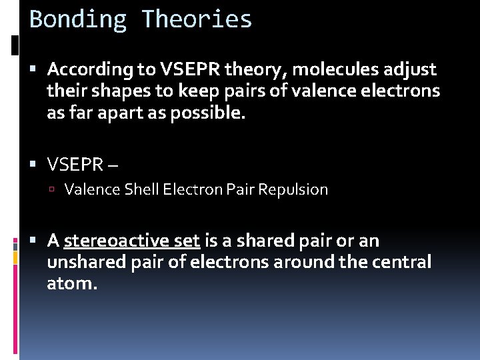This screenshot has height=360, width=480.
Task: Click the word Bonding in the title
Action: click(x=78, y=19)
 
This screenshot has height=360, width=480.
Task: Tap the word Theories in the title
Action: click(x=197, y=19)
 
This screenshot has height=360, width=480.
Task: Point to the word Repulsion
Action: click(x=293, y=190)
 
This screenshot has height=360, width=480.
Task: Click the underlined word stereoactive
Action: click(x=131, y=241)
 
